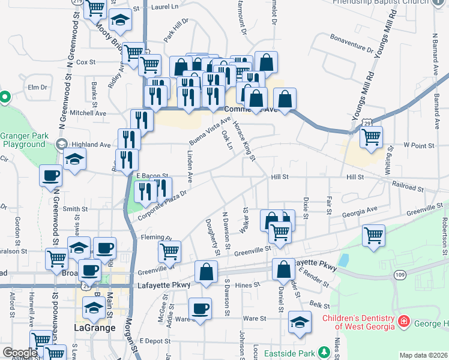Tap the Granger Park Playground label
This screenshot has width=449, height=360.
(23, 140)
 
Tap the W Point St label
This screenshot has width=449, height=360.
(418, 145)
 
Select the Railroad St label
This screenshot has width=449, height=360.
(413, 187)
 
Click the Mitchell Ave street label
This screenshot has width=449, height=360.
(88, 113)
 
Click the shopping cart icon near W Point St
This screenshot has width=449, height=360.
(372, 137)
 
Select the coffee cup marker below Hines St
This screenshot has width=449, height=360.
(200, 309)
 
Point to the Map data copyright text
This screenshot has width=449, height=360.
(424, 355)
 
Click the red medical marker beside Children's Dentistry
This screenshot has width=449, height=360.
(403, 322)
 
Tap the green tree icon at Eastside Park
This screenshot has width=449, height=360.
(325, 351)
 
